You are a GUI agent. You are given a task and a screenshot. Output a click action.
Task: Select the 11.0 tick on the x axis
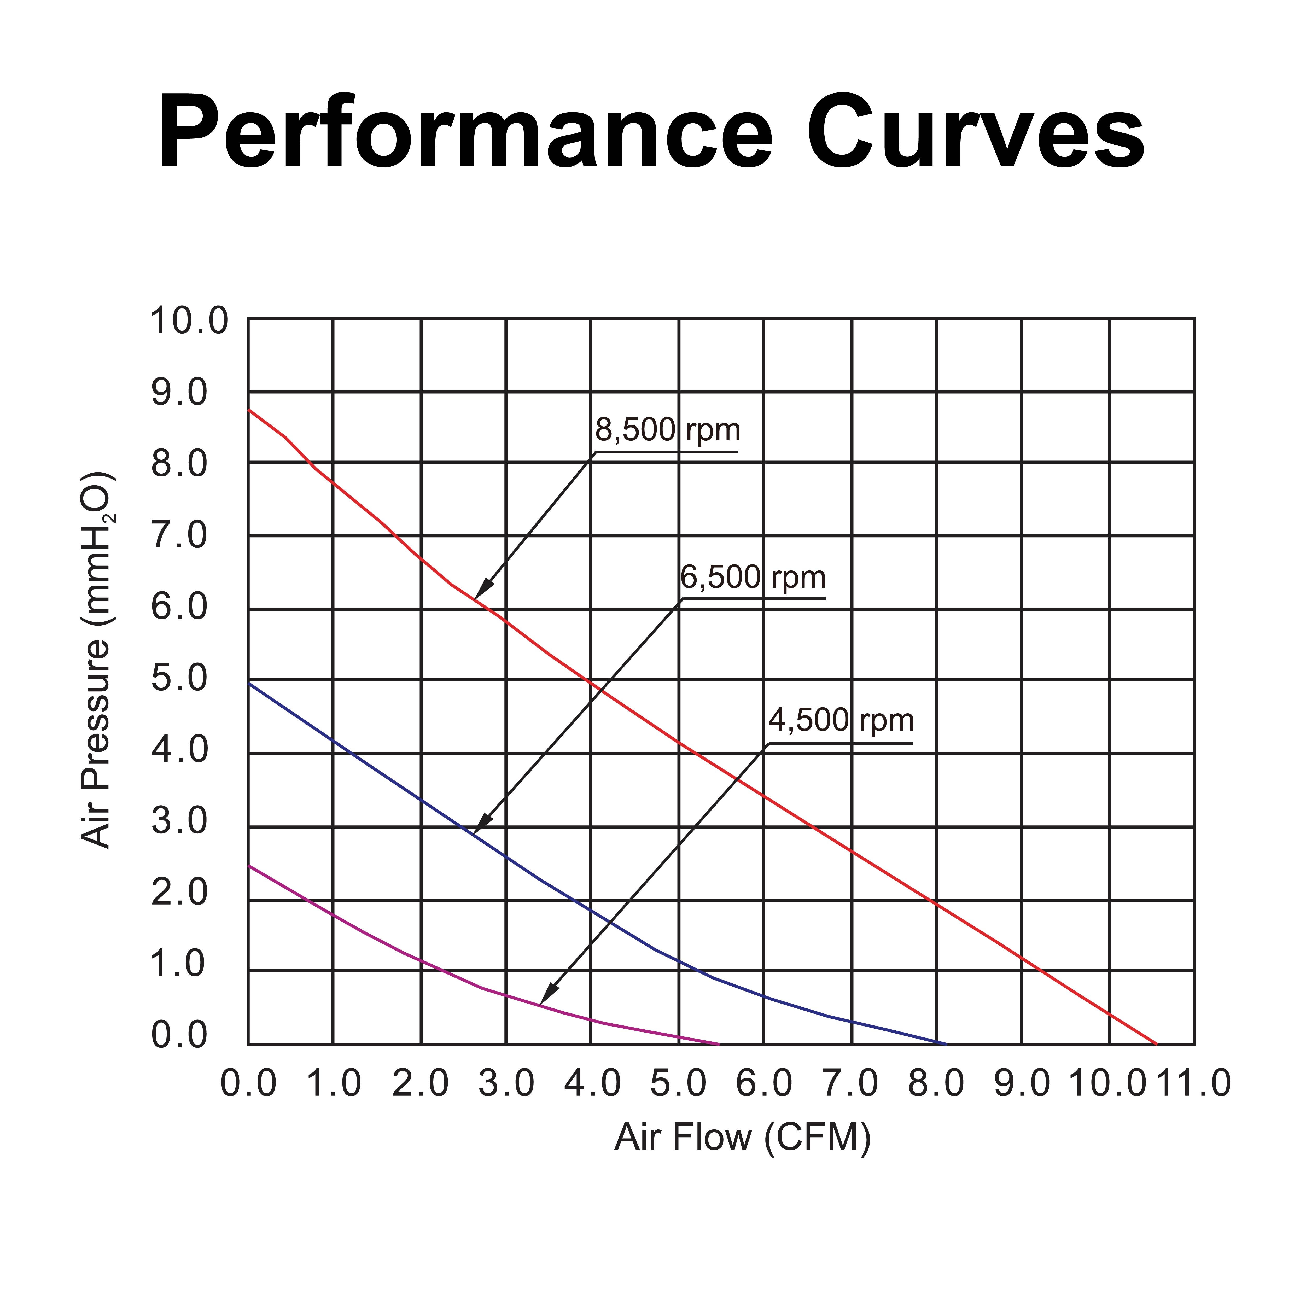[x=1193, y=1084]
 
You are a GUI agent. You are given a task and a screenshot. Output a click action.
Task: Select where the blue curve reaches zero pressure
[x=945, y=1044]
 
